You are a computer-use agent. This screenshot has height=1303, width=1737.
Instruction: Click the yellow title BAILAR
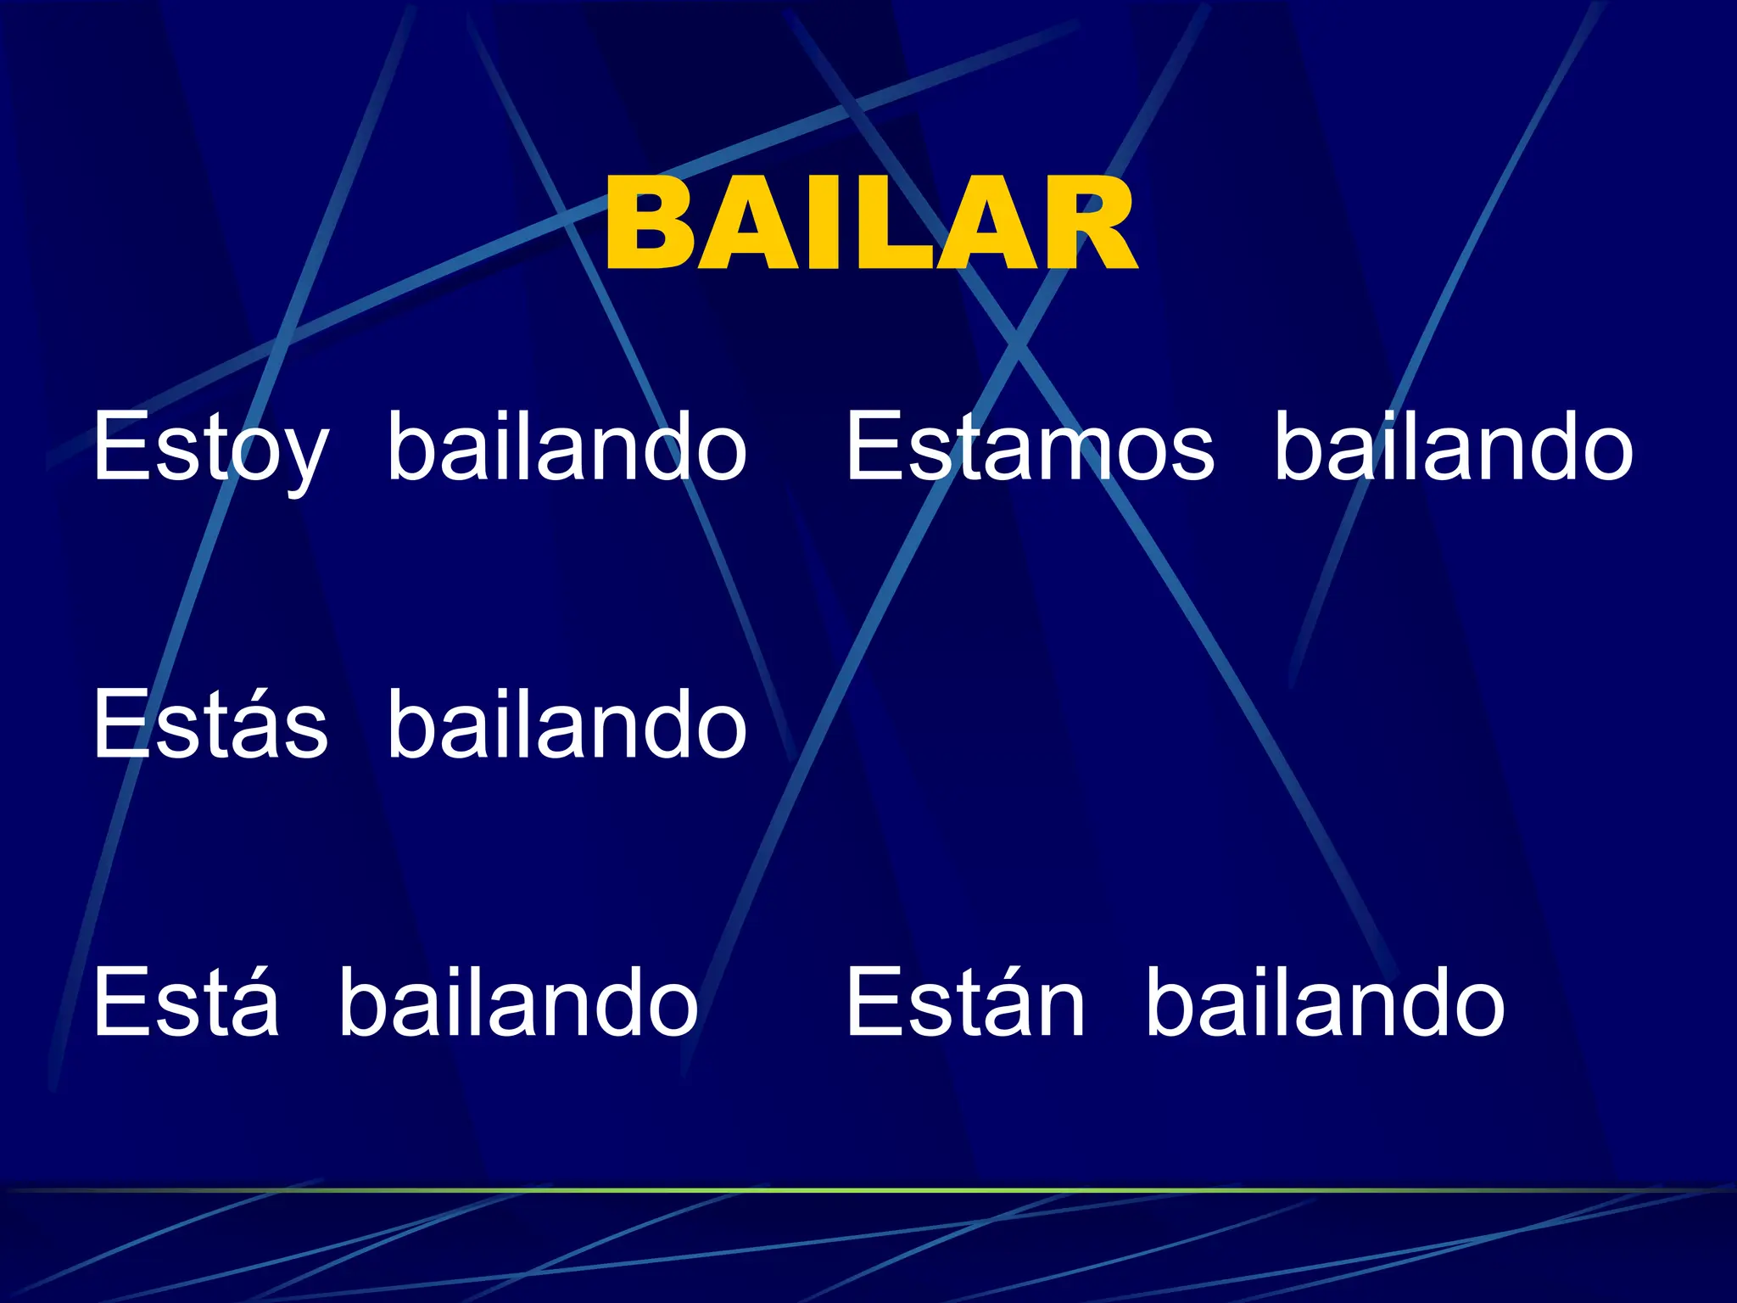[x=870, y=225]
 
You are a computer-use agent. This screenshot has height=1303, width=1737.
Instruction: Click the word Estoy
[x=209, y=448]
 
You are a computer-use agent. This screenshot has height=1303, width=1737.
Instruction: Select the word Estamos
[x=1030, y=448]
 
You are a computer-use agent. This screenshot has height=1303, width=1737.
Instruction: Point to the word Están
[x=965, y=1004]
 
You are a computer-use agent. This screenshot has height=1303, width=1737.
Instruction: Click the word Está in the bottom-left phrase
[x=186, y=1004]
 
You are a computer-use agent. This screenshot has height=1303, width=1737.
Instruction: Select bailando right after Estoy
[x=567, y=446]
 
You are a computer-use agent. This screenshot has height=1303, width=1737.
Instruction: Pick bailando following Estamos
[x=1453, y=446]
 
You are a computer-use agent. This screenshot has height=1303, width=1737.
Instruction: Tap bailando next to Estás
[x=567, y=724]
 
